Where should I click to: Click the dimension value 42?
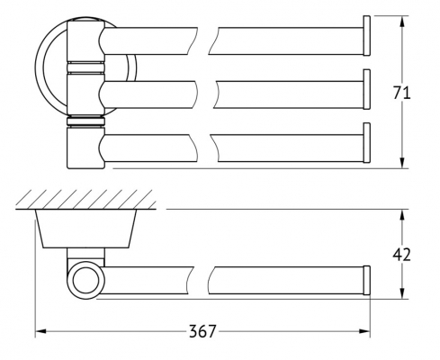[401, 255]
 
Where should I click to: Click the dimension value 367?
[202, 331]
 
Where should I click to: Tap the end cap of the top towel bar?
[366, 36]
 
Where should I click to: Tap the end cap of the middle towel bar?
[366, 89]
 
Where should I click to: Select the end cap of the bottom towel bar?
[366, 143]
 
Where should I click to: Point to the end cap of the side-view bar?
[366, 280]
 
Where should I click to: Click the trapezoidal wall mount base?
[85, 229]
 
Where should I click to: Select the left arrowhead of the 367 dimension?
[40, 331]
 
